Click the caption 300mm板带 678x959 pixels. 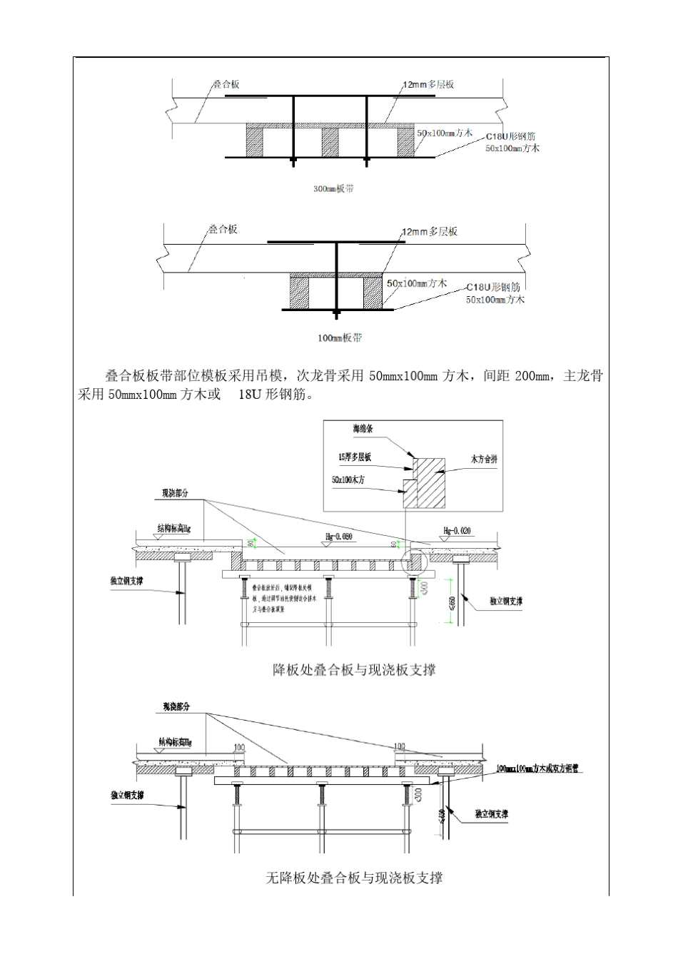[x=334, y=189]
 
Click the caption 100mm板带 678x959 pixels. [x=339, y=338]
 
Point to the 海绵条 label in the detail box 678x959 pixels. [x=363, y=430]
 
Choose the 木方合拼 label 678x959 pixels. [x=484, y=459]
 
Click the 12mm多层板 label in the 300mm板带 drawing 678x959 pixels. [x=428, y=84]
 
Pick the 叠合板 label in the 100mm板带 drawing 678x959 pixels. [x=223, y=229]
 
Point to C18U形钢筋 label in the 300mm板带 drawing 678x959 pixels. [x=511, y=136]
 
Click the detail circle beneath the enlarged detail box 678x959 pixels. [x=414, y=562]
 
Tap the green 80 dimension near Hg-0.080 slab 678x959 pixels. [x=251, y=544]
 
